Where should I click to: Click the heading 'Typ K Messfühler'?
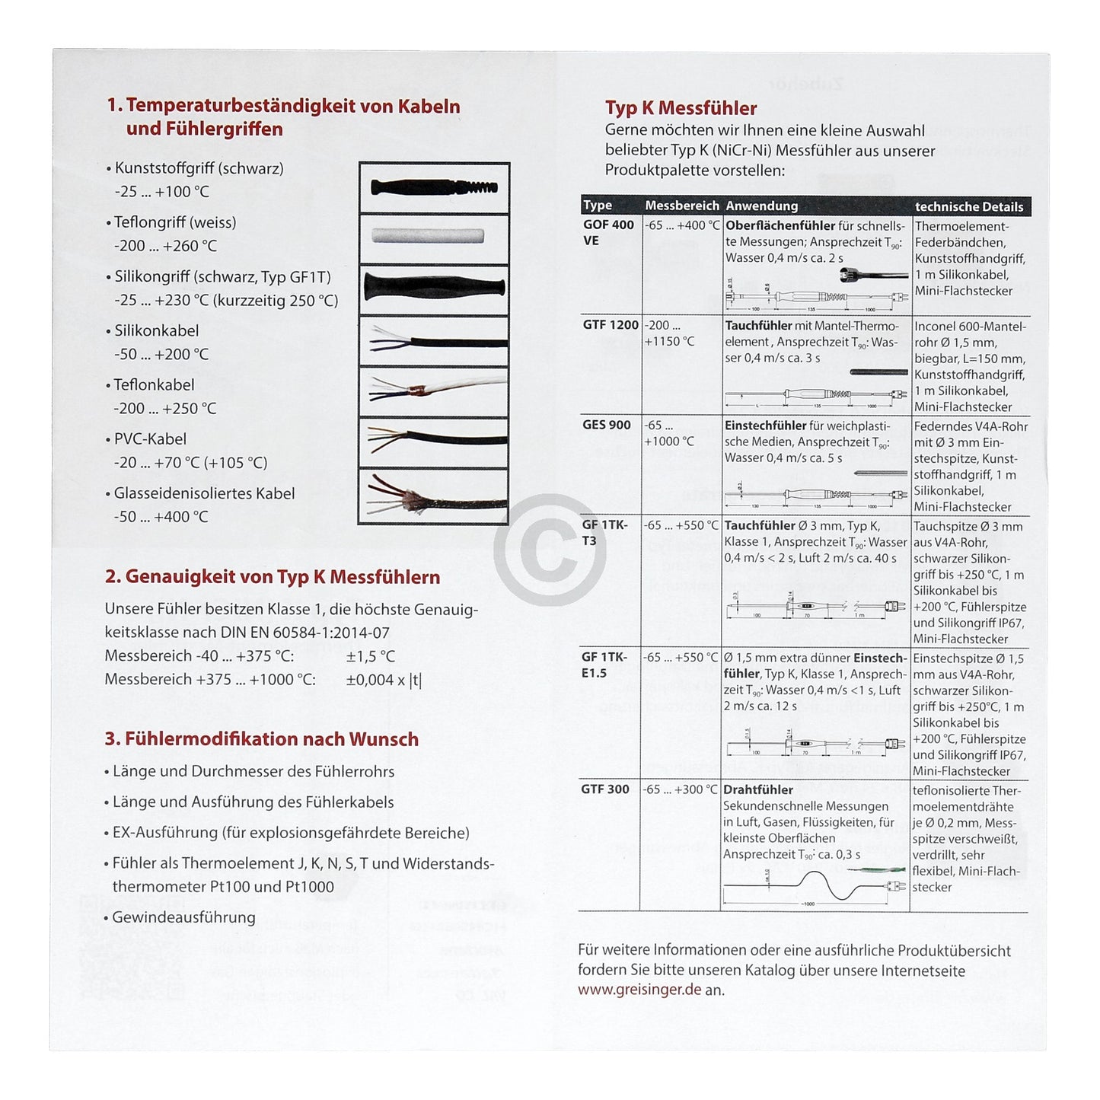[x=681, y=108]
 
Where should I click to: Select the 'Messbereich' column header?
[x=681, y=206]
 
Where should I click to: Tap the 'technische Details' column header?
[x=968, y=206]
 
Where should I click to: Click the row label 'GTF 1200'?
[x=611, y=325]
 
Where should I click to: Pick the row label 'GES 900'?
[x=606, y=425]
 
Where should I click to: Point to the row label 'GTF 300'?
[x=604, y=789]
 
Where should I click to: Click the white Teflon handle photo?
[x=433, y=235]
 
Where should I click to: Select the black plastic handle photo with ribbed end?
[x=433, y=187]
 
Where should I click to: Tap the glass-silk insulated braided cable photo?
[x=433, y=496]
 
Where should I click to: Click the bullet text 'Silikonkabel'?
[x=156, y=330]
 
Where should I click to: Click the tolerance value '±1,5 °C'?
[x=370, y=656]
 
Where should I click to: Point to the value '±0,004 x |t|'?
[x=383, y=680]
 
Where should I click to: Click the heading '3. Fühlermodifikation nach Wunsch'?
[x=261, y=739]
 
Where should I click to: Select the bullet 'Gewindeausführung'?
[x=183, y=917]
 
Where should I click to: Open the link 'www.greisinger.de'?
[x=639, y=990]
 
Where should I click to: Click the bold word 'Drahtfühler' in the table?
[x=757, y=790]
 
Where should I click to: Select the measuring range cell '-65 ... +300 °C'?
[x=680, y=790]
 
